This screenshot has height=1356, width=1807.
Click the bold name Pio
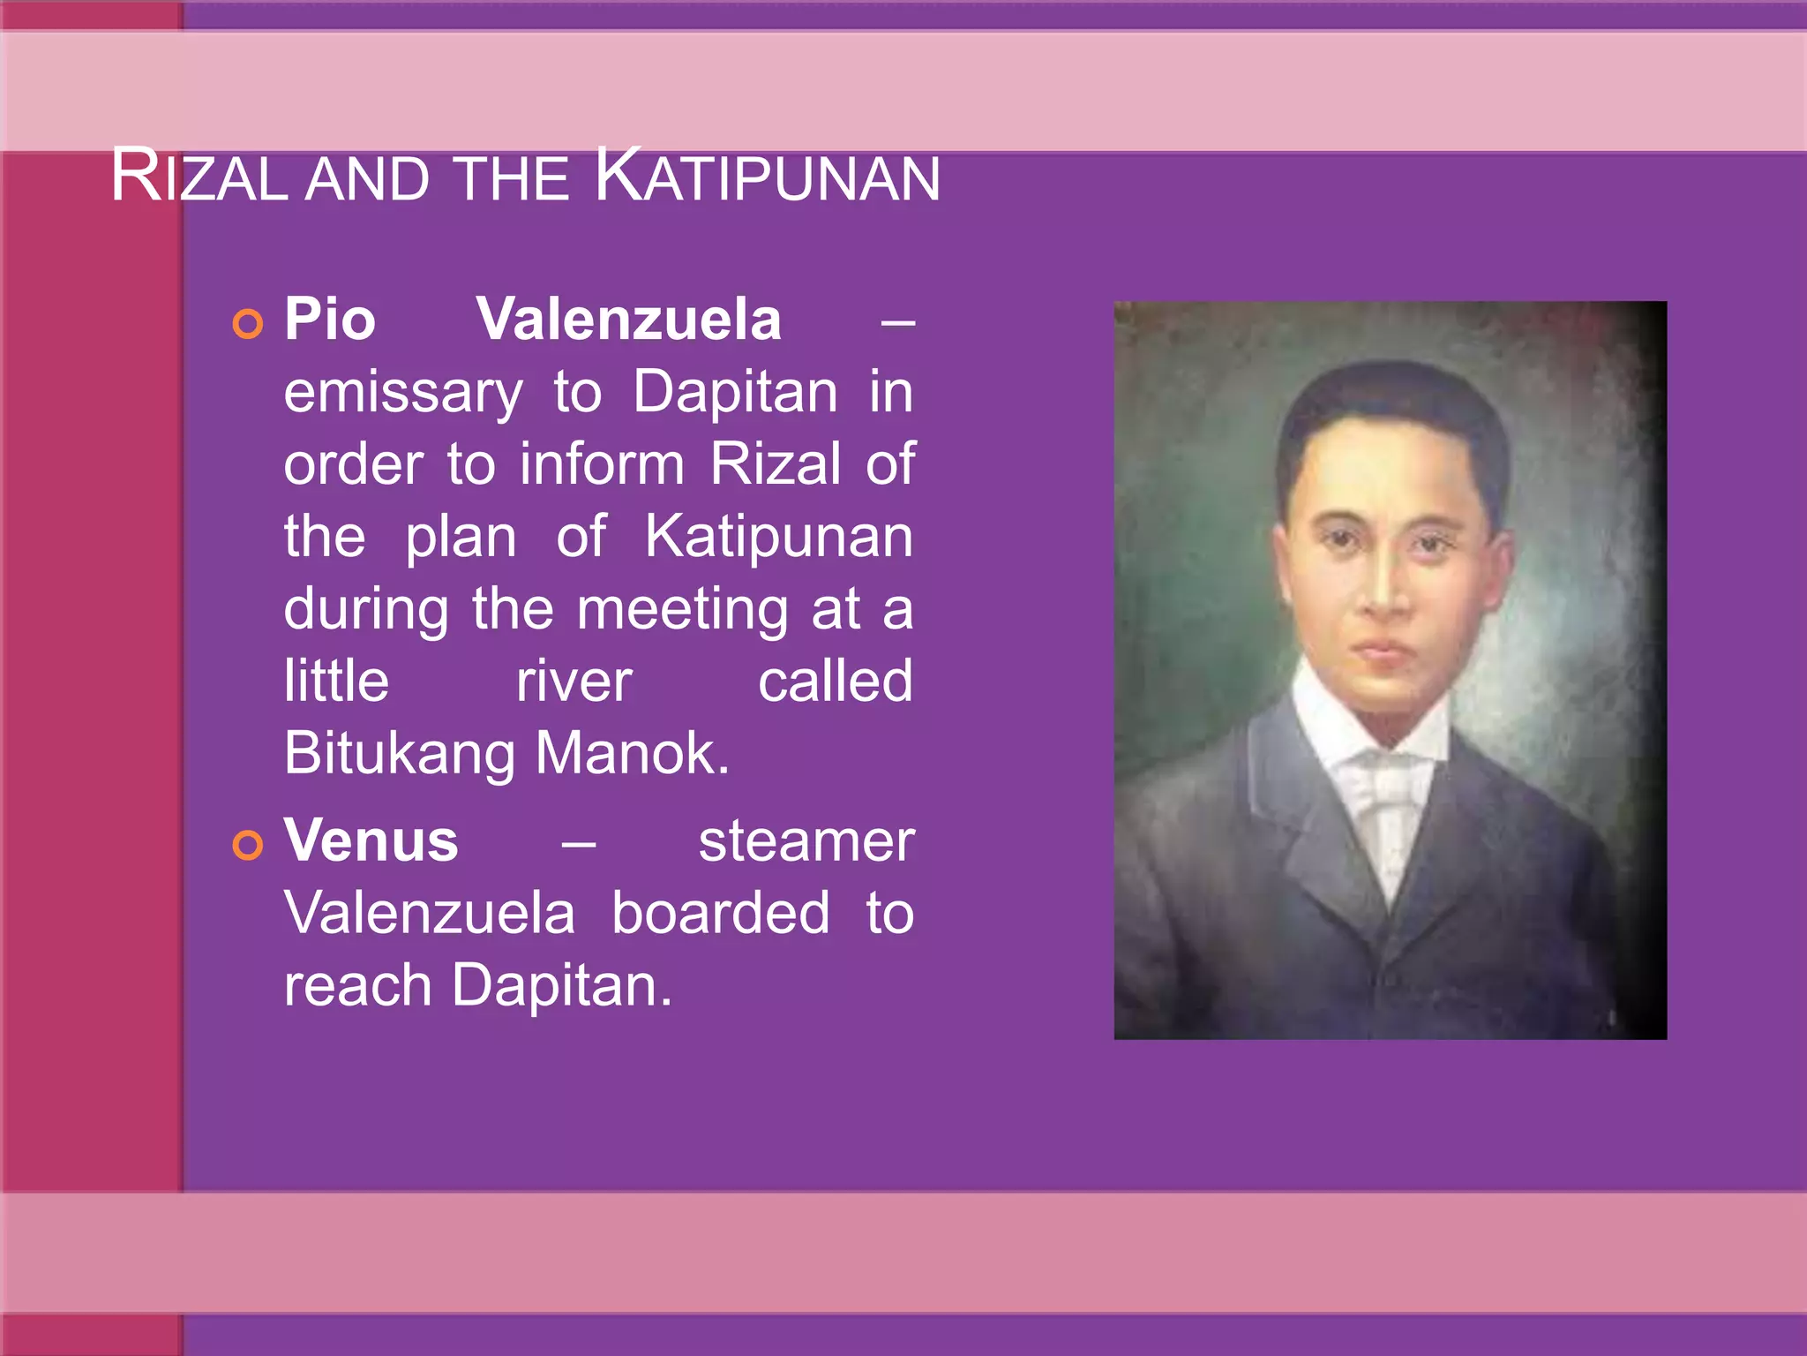[329, 320]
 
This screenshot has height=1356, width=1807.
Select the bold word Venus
[371, 840]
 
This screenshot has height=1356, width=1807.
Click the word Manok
[632, 755]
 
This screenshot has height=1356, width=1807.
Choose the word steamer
[806, 841]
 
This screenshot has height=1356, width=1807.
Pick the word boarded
[720, 914]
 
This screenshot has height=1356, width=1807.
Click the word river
[574, 682]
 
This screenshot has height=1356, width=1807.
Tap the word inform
[602, 465]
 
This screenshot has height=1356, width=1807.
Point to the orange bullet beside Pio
[248, 324]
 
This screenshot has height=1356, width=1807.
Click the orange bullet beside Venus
[248, 845]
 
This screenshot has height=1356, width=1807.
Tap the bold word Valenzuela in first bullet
[628, 320]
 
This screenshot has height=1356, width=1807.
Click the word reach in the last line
[357, 986]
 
